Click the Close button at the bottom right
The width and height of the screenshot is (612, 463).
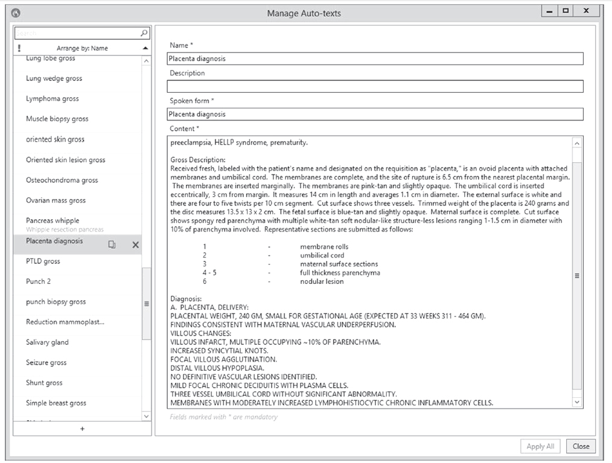tap(581, 446)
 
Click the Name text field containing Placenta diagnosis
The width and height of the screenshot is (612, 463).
tap(375, 58)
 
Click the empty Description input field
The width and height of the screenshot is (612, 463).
tap(375, 86)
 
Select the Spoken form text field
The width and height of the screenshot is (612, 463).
tap(375, 114)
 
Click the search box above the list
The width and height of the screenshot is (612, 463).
tap(77, 33)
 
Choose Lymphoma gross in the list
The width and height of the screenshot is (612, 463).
tap(53, 99)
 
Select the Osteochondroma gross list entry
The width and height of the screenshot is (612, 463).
tap(62, 180)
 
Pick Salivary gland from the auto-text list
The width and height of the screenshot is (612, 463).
tap(47, 342)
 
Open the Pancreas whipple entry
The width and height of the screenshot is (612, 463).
tap(53, 221)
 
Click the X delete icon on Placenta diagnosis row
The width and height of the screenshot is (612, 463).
tap(135, 245)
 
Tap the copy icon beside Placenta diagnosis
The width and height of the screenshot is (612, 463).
tap(112, 245)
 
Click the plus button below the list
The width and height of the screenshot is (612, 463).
tap(82, 429)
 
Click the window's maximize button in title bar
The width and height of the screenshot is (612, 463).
tap(566, 11)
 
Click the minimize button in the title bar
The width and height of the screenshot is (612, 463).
tap(549, 11)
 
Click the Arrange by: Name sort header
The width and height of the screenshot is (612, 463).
tap(82, 48)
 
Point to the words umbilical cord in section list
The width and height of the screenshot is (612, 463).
tap(322, 256)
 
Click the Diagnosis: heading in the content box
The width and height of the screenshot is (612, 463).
tap(186, 299)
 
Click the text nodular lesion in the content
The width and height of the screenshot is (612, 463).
tap(322, 282)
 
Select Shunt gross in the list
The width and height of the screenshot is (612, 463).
tap(44, 383)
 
